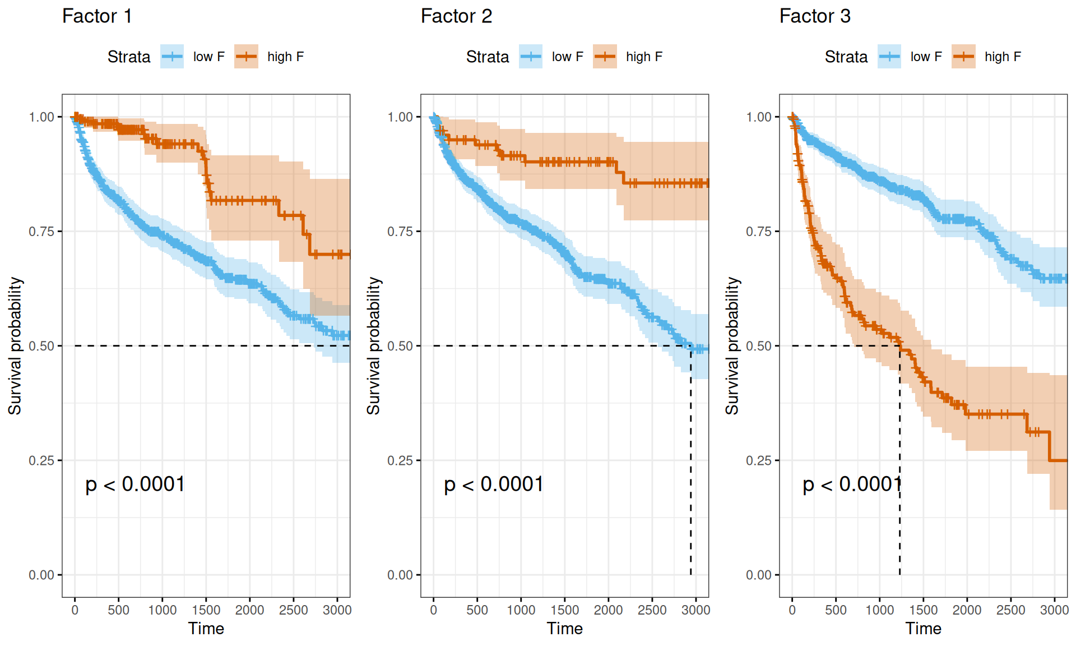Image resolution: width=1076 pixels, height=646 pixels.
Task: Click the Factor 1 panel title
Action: pyautogui.click(x=97, y=16)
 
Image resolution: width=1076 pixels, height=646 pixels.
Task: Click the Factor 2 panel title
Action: pyautogui.click(x=456, y=16)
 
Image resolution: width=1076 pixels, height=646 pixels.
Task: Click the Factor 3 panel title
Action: pyautogui.click(x=815, y=16)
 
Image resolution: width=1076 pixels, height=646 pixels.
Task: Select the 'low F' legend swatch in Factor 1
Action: pyautogui.click(x=172, y=57)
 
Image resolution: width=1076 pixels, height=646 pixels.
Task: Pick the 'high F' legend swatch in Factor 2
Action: pyautogui.click(x=605, y=57)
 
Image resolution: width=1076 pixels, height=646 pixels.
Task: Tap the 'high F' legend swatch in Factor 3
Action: pyautogui.click(x=963, y=57)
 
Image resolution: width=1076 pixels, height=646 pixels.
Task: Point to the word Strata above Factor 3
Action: pyautogui.click(x=846, y=57)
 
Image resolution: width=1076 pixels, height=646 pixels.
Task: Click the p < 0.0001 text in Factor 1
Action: pyautogui.click(x=135, y=484)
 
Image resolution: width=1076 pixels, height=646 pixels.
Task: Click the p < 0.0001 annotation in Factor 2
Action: pyautogui.click(x=494, y=484)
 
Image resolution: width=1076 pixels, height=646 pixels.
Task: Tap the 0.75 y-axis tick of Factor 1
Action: pyautogui.click(x=41, y=232)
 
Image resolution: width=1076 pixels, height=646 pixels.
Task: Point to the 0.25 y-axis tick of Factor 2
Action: pyautogui.click(x=400, y=460)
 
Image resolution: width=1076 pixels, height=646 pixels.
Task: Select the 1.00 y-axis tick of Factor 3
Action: pyautogui.click(x=759, y=117)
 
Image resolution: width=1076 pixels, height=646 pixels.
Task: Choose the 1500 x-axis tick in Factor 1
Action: pyautogui.click(x=206, y=610)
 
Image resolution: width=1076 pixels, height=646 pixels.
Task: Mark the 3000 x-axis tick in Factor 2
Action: pyautogui.click(x=695, y=610)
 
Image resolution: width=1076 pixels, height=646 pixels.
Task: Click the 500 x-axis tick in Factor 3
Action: pyautogui.click(x=836, y=610)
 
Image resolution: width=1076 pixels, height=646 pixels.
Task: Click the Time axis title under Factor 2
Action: pyautogui.click(x=565, y=629)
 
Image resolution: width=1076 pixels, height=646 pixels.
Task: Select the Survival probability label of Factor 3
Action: pyautogui.click(x=732, y=345)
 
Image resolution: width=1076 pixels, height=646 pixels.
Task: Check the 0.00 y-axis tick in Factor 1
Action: pyautogui.click(x=41, y=575)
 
